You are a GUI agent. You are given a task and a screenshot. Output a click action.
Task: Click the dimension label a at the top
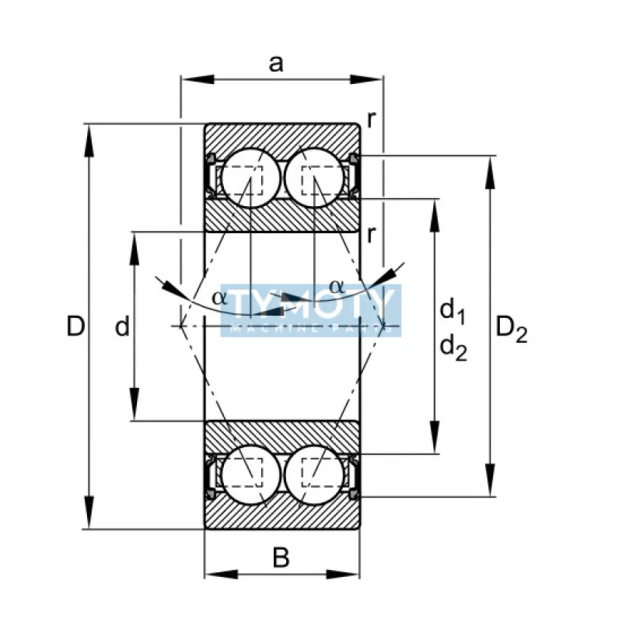click(276, 64)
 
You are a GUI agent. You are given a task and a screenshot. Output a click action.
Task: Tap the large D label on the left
click(75, 327)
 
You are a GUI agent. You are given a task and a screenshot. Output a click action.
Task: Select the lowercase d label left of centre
click(121, 327)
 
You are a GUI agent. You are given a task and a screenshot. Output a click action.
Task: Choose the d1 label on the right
click(453, 313)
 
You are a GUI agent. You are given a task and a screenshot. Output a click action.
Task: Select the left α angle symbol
click(220, 297)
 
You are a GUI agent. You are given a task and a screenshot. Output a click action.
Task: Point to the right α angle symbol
click(336, 286)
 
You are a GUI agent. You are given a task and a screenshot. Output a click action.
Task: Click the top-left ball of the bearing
click(250, 178)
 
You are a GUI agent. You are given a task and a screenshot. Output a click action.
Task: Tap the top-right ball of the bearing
click(314, 178)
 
